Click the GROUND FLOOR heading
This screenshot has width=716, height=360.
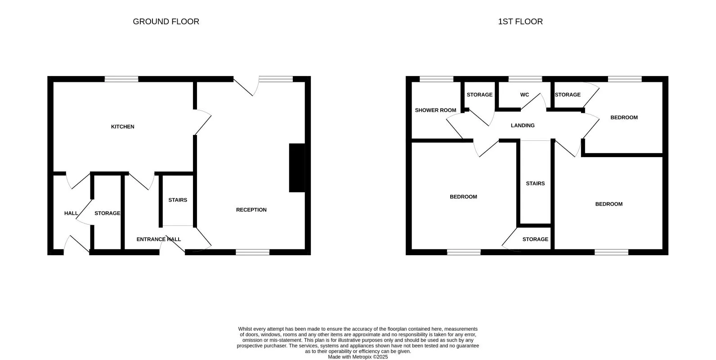click(166, 22)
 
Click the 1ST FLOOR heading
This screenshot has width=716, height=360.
click(520, 22)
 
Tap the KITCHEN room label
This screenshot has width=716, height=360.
click(123, 126)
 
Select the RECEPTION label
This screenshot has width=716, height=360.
click(251, 210)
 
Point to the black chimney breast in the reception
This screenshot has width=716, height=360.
click(297, 168)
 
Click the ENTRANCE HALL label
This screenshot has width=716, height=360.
click(159, 239)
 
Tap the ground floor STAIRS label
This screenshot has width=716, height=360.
click(178, 200)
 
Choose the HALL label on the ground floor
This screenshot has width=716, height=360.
click(71, 213)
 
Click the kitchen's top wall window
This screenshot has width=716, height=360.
click(121, 79)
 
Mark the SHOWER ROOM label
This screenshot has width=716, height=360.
click(435, 110)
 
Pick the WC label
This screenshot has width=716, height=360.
click(524, 94)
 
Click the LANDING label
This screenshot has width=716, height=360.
click(523, 126)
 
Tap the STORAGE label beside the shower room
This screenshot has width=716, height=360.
click(479, 94)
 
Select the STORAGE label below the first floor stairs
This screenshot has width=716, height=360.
click(535, 239)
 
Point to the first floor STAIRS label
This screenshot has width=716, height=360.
click(535, 184)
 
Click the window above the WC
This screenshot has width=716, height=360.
click(525, 79)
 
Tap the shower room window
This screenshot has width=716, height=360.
click(436, 79)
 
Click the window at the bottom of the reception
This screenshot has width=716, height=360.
click(252, 252)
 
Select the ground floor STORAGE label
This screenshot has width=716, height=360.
click(107, 213)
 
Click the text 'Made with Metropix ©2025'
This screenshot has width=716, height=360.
click(358, 357)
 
